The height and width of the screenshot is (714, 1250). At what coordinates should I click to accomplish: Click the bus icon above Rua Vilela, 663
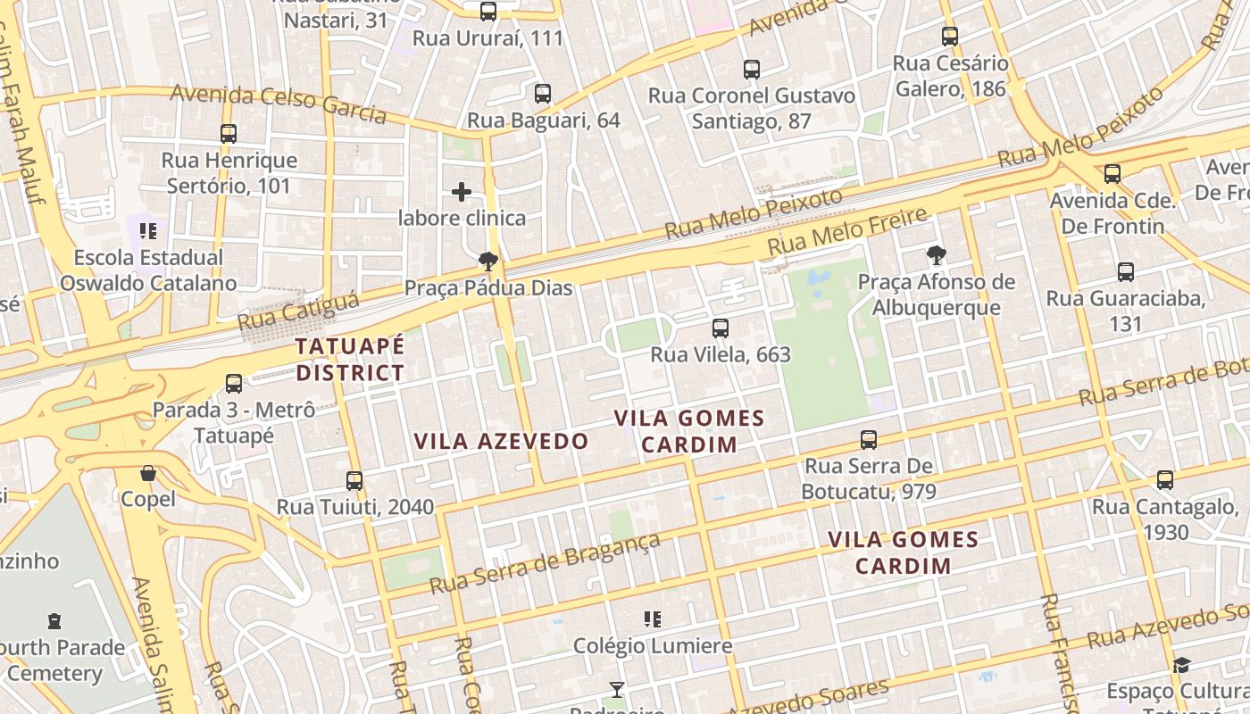tap(721, 328)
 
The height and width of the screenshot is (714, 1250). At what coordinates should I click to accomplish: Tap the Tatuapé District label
tap(350, 360)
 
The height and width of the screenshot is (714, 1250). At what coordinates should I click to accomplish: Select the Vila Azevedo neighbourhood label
tap(501, 441)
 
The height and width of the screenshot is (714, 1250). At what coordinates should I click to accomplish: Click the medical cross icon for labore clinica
tap(462, 192)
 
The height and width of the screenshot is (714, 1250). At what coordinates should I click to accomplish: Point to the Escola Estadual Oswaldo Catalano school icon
tap(148, 231)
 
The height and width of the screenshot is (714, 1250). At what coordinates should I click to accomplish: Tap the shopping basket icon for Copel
tap(148, 473)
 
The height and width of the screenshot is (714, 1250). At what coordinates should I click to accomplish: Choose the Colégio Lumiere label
tap(652, 645)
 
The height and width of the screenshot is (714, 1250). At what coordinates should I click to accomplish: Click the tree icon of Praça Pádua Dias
tap(487, 262)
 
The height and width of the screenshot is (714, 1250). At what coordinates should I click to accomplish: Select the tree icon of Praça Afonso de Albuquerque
tap(936, 256)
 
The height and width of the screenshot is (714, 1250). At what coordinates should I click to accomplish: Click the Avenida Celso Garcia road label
tap(278, 104)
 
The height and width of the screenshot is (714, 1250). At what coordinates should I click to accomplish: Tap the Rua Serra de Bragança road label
tap(545, 563)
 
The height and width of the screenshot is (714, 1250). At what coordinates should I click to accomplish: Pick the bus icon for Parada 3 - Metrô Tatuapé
tap(234, 384)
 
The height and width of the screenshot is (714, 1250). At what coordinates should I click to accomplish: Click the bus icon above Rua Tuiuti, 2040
tap(354, 481)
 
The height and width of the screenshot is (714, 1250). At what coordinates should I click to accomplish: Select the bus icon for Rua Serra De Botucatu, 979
tap(869, 439)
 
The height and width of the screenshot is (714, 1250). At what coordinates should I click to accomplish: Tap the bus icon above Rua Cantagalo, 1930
tap(1165, 480)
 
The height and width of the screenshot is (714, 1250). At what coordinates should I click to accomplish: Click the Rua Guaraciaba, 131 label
tap(1125, 311)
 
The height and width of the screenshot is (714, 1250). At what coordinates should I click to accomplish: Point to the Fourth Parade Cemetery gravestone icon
tap(54, 621)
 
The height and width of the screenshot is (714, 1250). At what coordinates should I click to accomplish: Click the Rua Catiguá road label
tap(298, 310)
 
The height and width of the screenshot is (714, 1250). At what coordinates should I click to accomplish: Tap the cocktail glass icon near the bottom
tap(616, 689)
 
